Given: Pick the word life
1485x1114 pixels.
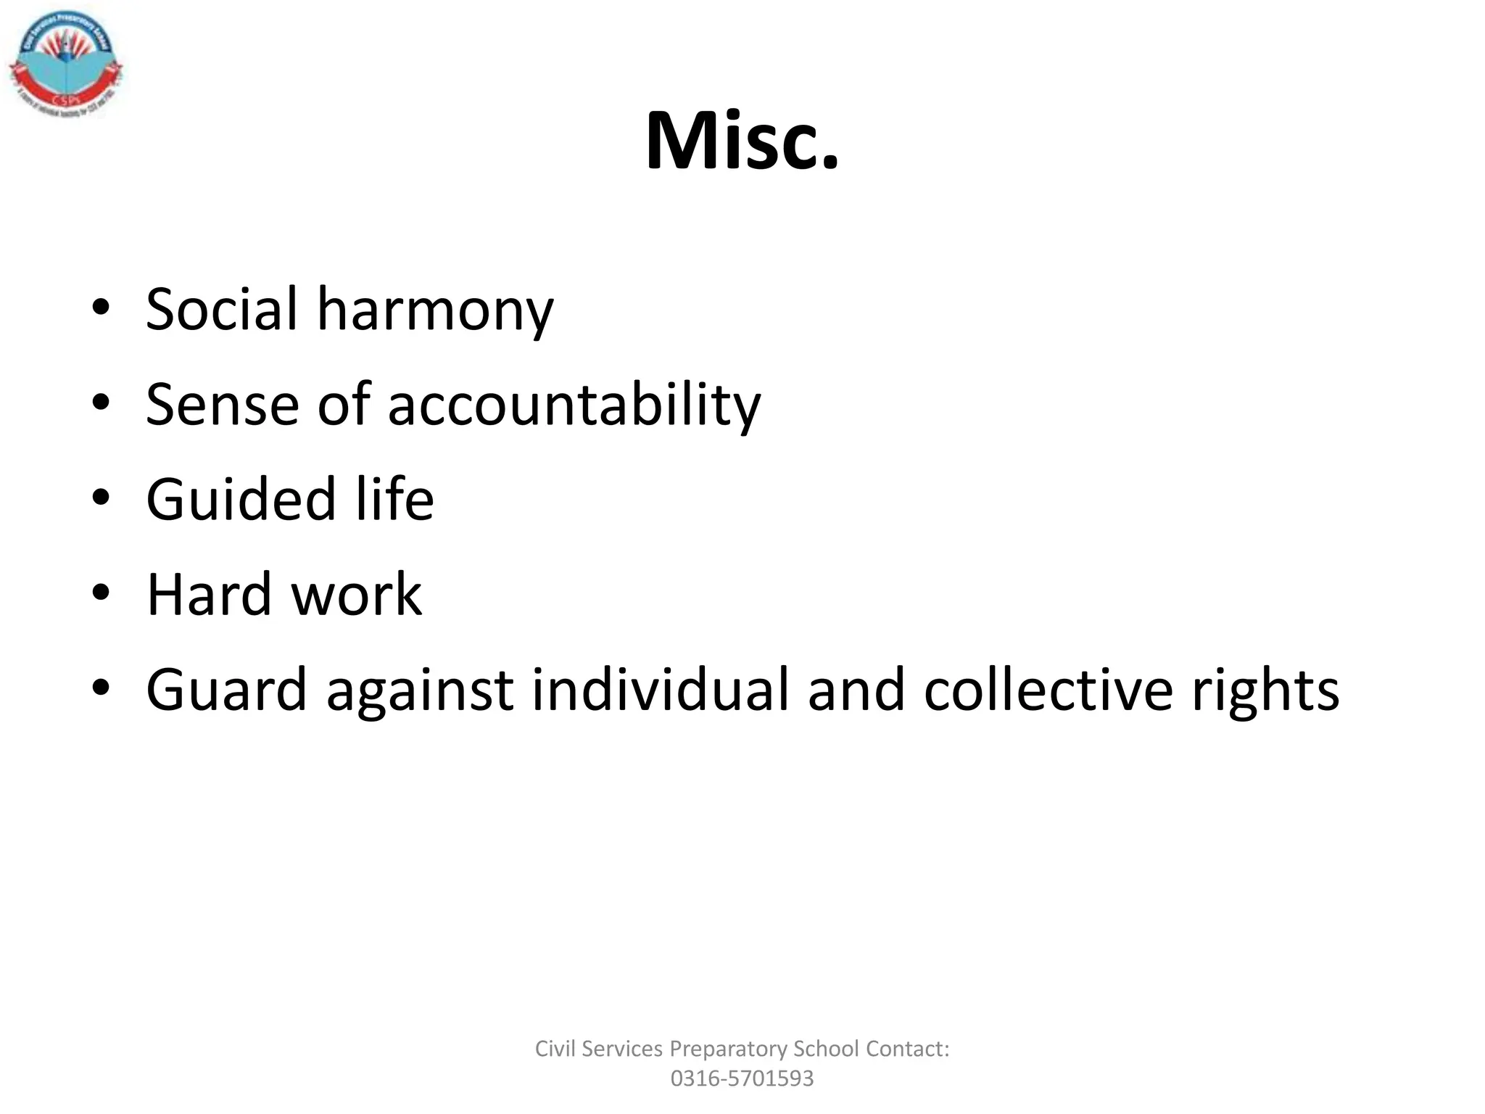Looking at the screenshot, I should coord(394,500).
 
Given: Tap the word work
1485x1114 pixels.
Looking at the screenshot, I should coord(356,595).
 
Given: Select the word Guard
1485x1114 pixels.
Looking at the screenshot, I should coord(227,690).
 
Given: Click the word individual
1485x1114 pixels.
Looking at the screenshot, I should coord(660,690).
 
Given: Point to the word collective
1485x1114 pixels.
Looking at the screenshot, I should coord(1048,690).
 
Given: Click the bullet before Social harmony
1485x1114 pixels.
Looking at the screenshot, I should coord(101,308).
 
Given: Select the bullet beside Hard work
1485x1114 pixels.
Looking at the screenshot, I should coord(101,593).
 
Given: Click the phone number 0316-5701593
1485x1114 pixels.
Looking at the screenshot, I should coord(742,1078).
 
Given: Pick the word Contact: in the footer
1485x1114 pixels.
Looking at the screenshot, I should coord(908,1049).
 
